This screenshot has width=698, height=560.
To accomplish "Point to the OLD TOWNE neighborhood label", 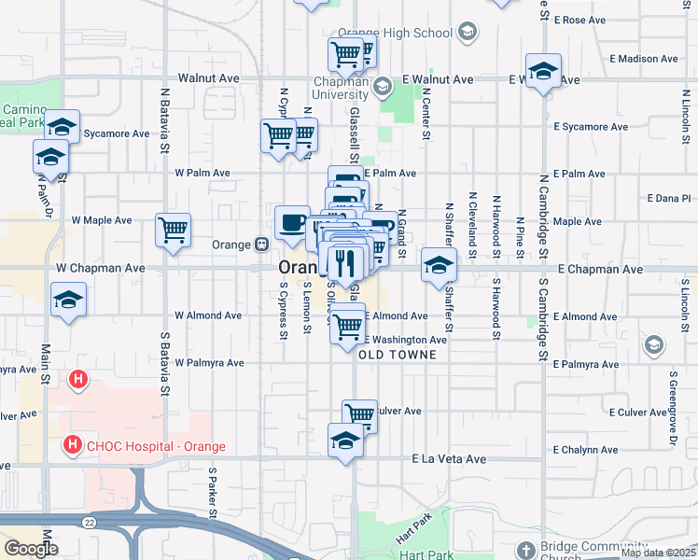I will (398, 355).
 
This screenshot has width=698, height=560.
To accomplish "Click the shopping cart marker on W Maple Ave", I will (174, 230).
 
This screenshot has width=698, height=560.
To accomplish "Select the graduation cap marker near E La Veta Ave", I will (345, 441).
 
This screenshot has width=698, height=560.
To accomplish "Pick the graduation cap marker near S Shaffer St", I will (439, 265).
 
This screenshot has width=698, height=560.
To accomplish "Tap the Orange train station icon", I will (263, 245).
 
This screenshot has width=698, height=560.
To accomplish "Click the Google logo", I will (31, 548).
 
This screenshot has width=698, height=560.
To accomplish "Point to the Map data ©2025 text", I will (658, 553).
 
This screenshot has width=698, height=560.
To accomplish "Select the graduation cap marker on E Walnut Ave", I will (542, 72).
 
